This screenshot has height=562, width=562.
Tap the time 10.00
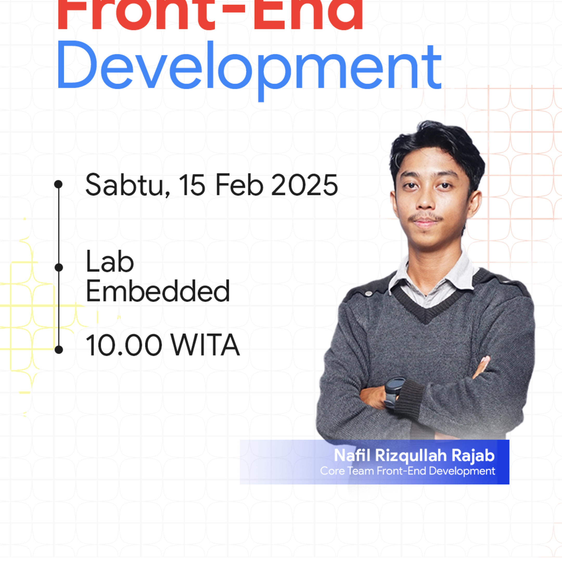[x=124, y=345]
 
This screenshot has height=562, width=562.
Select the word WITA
[x=205, y=345]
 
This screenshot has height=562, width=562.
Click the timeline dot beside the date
[x=59, y=184]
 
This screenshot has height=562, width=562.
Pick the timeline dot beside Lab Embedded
[x=59, y=267]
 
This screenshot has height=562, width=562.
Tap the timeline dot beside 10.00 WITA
[x=59, y=350]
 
